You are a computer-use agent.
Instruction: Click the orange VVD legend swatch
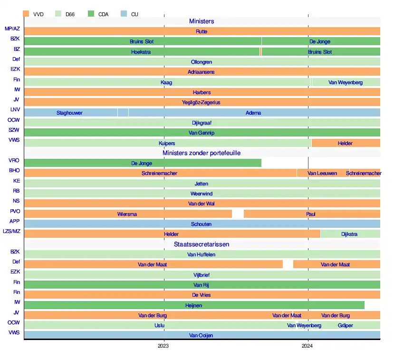(x=26, y=14)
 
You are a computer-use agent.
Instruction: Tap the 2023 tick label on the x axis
(x=164, y=346)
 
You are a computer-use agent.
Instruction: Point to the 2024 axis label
(x=308, y=346)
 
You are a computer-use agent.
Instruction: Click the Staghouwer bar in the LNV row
(x=70, y=113)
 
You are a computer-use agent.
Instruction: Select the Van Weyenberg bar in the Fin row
(x=346, y=82)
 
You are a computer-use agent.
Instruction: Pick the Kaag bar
(x=166, y=82)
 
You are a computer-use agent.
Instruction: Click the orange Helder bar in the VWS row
(x=346, y=143)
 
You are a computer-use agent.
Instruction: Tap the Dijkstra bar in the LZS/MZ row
(x=350, y=234)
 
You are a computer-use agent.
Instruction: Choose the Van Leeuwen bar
(x=322, y=173)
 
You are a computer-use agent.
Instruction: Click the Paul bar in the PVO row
(x=311, y=214)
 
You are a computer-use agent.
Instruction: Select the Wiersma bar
(x=127, y=214)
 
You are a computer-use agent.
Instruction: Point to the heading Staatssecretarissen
(x=202, y=244)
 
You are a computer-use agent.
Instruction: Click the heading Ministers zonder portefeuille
(x=202, y=153)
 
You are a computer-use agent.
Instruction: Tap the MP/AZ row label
(x=12, y=29)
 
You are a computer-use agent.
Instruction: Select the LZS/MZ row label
(x=12, y=232)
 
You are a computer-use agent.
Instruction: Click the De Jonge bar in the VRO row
(x=142, y=163)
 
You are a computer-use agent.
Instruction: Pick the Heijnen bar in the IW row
(x=193, y=305)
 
